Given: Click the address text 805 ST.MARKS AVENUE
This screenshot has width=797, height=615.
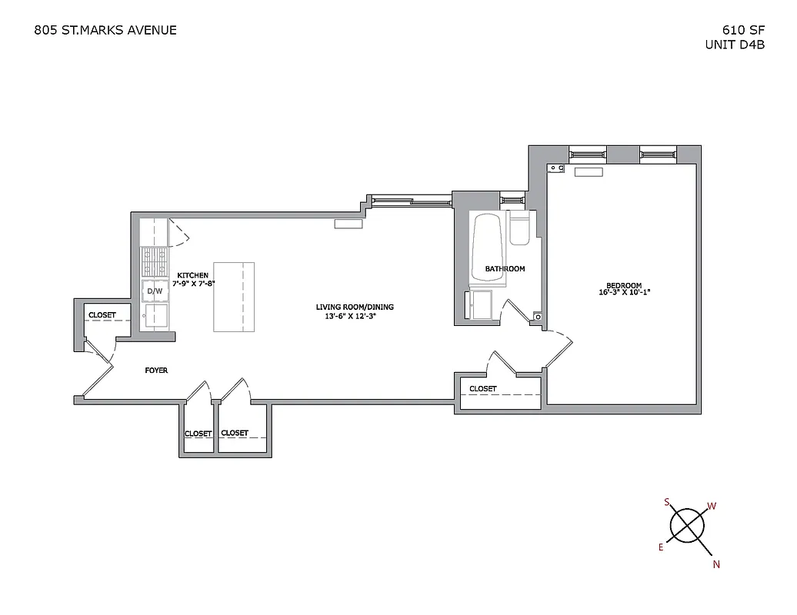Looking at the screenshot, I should tap(105, 30).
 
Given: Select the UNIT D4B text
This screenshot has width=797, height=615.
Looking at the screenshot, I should tap(735, 45).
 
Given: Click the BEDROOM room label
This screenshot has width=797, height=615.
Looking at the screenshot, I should tap(624, 284).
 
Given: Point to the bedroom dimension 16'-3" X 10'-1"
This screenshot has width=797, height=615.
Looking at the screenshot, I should tap(624, 292).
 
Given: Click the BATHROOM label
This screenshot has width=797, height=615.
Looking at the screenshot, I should tap(505, 269).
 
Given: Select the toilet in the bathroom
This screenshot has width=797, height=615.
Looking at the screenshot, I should tap(519, 231).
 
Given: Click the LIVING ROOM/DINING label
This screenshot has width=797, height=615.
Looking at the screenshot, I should tap(355, 307).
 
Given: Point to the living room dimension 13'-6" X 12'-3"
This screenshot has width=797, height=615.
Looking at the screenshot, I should tap(355, 316).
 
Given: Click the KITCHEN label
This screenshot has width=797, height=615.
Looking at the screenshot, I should tap(192, 275).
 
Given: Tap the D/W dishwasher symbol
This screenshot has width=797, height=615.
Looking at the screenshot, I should tap(155, 291).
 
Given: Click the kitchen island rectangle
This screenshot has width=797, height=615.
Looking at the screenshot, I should tap(234, 297).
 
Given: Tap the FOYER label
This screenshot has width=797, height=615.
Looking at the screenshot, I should tap(156, 371).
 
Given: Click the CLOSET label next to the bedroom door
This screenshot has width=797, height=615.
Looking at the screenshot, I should tap(482, 389).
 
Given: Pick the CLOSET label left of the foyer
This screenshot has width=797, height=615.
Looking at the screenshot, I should tap(102, 315).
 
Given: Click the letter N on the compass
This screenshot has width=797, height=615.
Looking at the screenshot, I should tap(716, 564).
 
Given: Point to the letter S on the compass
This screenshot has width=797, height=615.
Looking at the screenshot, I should tap(667, 502).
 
